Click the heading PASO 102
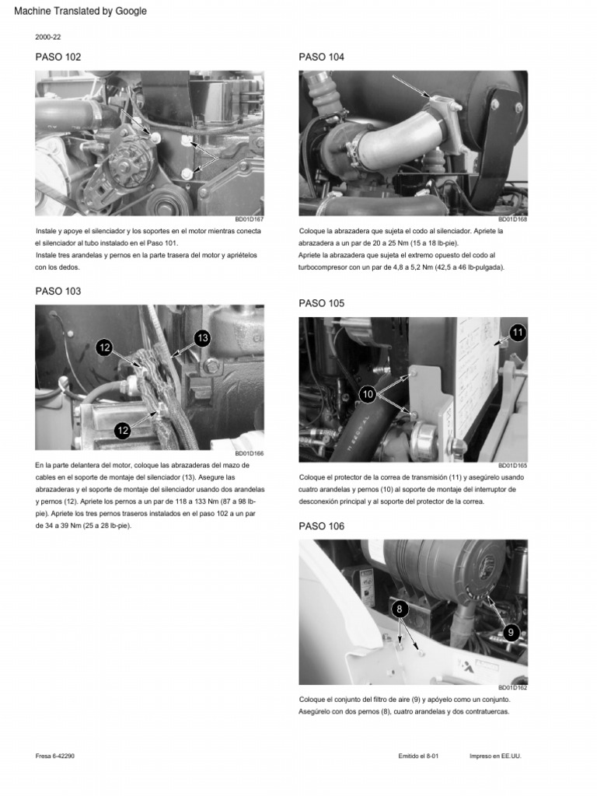58,57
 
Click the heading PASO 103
58,291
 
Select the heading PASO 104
321,57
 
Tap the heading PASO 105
321,303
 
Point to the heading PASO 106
321,526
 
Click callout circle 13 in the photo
201,338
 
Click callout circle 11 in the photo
518,333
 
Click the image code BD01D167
249,219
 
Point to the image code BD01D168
512,219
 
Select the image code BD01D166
249,454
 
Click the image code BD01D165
512,466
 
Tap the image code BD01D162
512,688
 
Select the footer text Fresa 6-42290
55,756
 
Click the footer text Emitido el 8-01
418,756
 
